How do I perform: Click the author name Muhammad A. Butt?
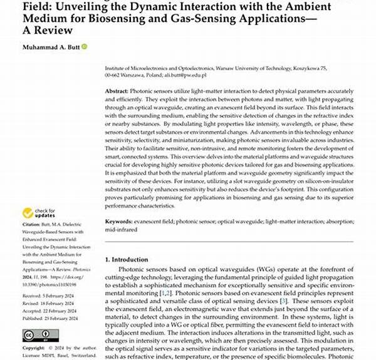[x=50, y=47]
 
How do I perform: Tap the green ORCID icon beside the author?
[x=84, y=47]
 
